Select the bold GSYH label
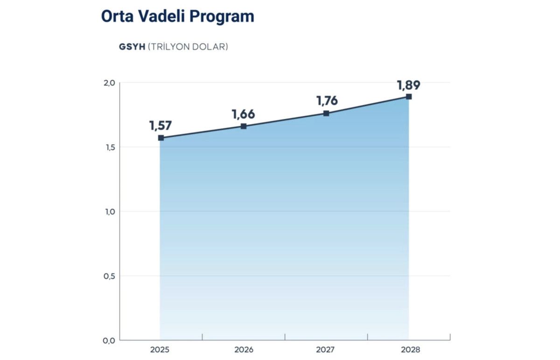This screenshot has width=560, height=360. [133, 47]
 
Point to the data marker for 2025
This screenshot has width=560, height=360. [161, 138]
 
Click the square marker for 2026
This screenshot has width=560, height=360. [244, 126]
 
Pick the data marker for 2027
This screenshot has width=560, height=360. [326, 113]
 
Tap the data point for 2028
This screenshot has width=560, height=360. [409, 97]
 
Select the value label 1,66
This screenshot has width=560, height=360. [244, 114]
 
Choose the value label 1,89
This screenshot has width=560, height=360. [409, 85]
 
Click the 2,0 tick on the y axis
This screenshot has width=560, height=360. [109, 83]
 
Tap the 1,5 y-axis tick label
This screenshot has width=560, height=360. [109, 147]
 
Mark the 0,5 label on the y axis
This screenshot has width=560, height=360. [109, 276]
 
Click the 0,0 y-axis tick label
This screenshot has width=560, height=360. [109, 340]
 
